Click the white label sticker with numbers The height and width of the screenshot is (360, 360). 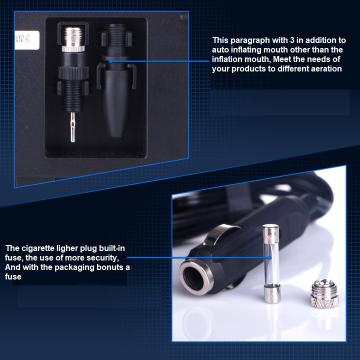pyautogui.click(x=26, y=40)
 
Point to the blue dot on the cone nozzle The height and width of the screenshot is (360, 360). pyautogui.click(x=110, y=61)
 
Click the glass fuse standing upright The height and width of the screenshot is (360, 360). pyautogui.click(x=271, y=263)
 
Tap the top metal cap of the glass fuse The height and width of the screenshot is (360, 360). pyautogui.click(x=270, y=233)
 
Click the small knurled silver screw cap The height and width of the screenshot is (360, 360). pyautogui.click(x=324, y=293)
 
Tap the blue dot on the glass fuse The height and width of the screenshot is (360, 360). pyautogui.click(x=270, y=257)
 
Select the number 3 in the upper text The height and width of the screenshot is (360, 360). pyautogui.click(x=292, y=40)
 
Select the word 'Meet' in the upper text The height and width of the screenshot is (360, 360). pyautogui.click(x=281, y=59)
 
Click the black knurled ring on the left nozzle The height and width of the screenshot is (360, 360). pyautogui.click(x=73, y=73)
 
